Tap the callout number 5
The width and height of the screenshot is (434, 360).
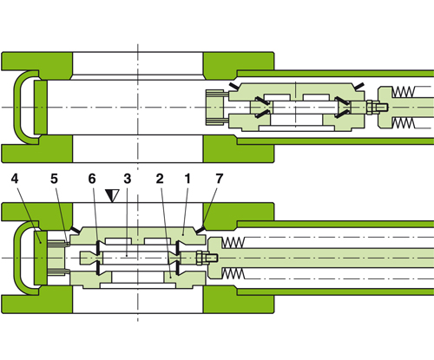[53, 179]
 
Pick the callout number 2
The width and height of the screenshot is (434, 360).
[160, 179]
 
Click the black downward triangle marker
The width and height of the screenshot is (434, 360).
[109, 197]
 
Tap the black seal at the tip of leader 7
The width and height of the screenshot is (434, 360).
[203, 231]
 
